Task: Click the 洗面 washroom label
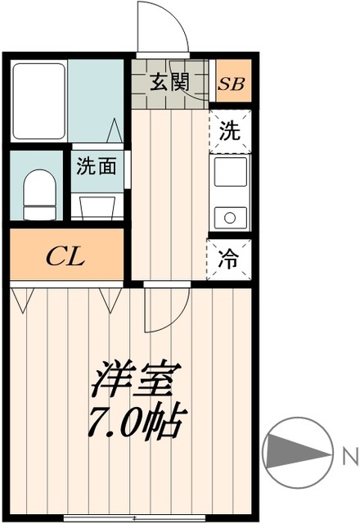point(97,166)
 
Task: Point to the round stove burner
point(230,217)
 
